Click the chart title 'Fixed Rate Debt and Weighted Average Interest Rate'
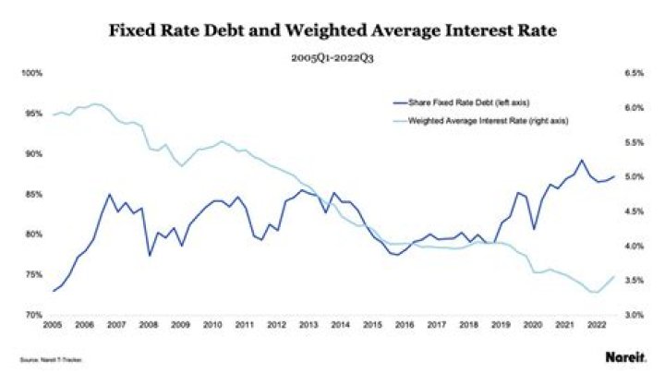click(x=332, y=29)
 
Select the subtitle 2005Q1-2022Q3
click(x=332, y=56)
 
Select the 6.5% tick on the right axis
click(x=632, y=73)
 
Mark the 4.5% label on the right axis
click(x=632, y=211)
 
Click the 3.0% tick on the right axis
click(x=632, y=315)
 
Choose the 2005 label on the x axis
click(x=52, y=325)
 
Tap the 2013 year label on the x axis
click(x=309, y=325)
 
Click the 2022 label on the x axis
click(x=598, y=325)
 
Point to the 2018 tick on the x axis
click(x=469, y=325)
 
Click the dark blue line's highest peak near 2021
click(x=582, y=161)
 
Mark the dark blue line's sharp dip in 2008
click(x=149, y=255)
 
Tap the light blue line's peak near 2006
click(x=97, y=104)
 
